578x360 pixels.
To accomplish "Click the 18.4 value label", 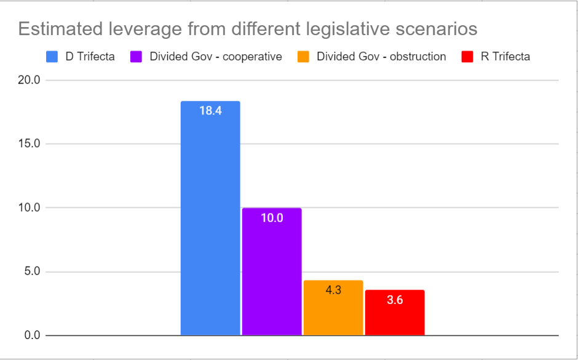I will point(210,112).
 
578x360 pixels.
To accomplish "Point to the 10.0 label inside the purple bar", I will point(272,218).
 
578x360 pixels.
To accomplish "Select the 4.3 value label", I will point(333,290).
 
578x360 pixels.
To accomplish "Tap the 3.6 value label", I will point(395,300).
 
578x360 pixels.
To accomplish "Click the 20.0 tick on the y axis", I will point(30,80).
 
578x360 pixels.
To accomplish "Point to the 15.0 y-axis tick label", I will point(30,144).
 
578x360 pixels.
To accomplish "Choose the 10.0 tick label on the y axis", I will point(30,208).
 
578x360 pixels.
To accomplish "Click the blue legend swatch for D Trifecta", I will point(52,57).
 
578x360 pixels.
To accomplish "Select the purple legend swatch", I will point(137,57).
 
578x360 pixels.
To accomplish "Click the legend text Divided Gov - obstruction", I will point(381,57).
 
